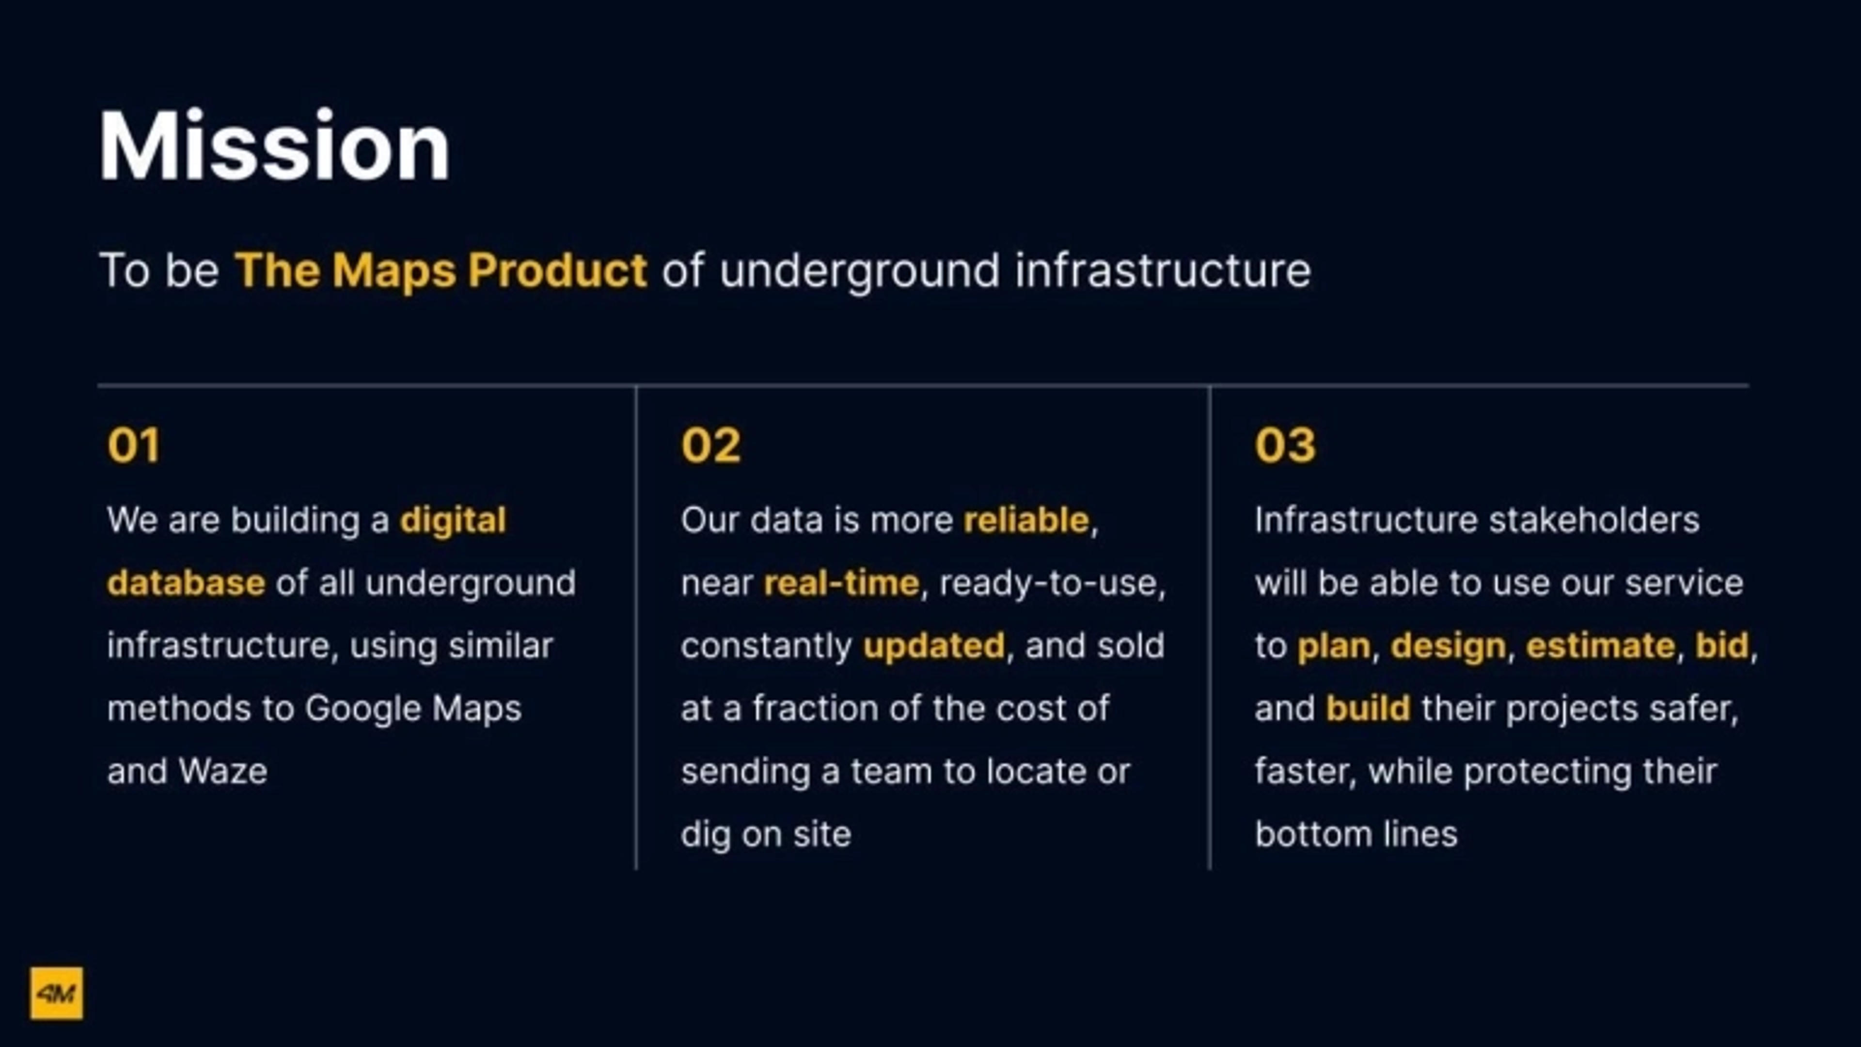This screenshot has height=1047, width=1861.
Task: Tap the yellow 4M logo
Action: click(x=56, y=994)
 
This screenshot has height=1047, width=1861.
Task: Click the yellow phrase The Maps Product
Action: click(x=441, y=271)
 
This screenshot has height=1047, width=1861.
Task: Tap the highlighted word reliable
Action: click(x=1026, y=520)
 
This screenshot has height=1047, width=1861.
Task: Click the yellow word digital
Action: click(x=453, y=520)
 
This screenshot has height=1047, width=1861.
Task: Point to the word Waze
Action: click(x=223, y=772)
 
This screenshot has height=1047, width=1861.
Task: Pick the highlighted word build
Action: click(x=1368, y=709)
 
